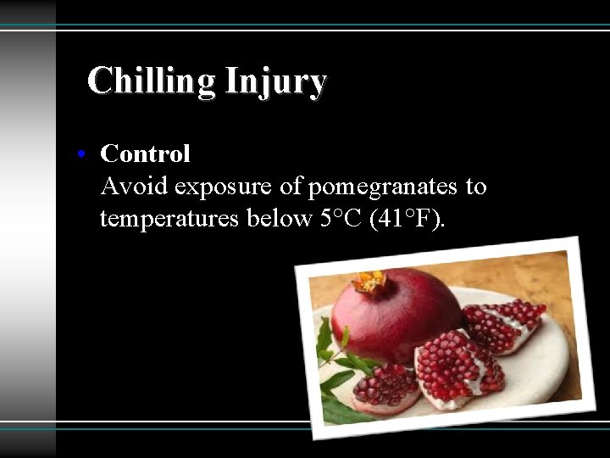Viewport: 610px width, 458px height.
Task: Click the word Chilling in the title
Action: point(152,81)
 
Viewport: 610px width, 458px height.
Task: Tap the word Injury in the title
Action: point(275,81)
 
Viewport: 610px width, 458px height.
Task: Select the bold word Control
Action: point(145,154)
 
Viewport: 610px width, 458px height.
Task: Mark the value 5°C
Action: point(341,218)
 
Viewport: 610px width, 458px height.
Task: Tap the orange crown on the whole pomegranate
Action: point(369,282)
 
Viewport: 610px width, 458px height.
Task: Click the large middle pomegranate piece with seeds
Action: point(457,369)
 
